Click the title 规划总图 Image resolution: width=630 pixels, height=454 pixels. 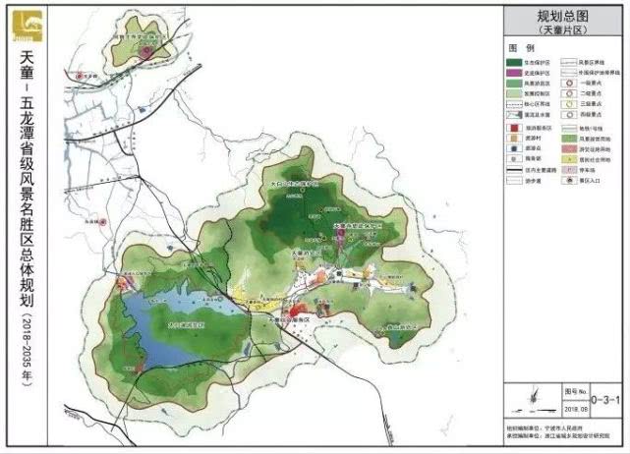pos(561,17)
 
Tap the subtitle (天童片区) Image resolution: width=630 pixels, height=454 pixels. pos(561,30)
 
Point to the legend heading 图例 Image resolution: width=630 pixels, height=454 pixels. pos(521,48)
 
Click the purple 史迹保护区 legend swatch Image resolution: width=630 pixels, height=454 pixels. pos(518,73)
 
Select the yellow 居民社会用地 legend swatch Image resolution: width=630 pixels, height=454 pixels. pos(569,170)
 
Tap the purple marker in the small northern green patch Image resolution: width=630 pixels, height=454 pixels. pos(147,50)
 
